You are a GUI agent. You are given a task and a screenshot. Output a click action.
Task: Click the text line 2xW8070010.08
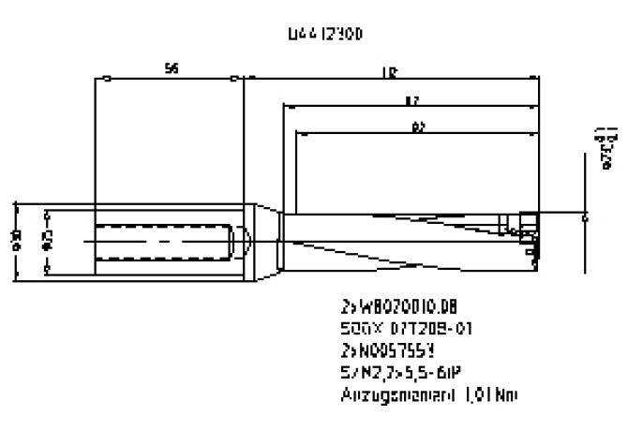pyautogui.click(x=392, y=306)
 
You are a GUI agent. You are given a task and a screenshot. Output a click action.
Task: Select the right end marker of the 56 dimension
pyautogui.click(x=233, y=78)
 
